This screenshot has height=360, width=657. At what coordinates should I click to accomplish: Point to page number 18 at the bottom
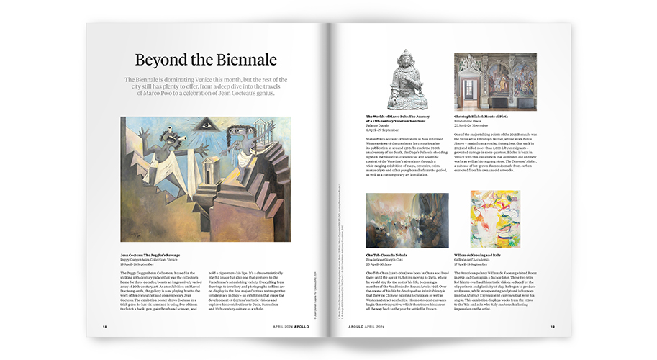coord(105,326)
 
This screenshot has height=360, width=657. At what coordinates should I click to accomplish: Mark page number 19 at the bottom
coord(552,326)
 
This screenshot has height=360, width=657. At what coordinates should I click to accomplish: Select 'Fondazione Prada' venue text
coord(472,120)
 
